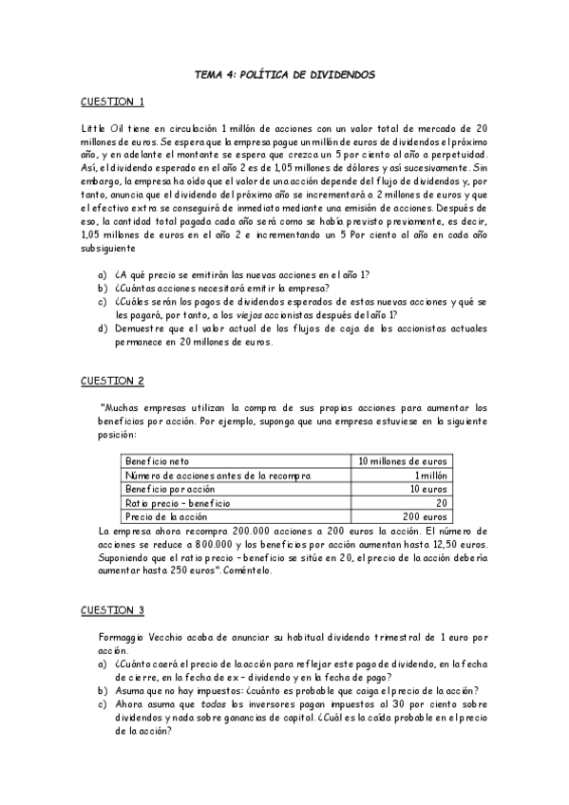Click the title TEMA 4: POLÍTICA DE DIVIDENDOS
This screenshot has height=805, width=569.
coord(284,72)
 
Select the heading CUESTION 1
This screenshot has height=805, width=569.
coord(111,102)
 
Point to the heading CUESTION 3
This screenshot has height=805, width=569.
coord(112,608)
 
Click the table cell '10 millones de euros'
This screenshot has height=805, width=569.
coord(403,461)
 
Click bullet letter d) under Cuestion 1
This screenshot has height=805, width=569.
coord(102,329)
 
